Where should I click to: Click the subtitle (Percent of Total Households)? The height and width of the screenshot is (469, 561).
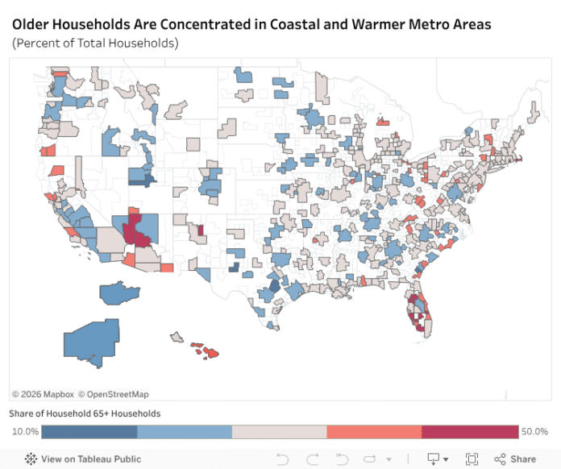pyautogui.click(x=95, y=43)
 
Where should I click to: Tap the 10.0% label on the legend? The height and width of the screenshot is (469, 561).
pyautogui.click(x=24, y=432)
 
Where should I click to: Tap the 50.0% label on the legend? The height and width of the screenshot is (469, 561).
pyautogui.click(x=535, y=432)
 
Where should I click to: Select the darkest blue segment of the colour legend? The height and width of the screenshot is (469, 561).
pyautogui.click(x=89, y=432)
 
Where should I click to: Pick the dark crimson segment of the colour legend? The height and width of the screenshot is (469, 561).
pyautogui.click(x=470, y=432)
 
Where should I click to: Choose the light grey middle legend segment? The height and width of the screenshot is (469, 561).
pyautogui.click(x=280, y=432)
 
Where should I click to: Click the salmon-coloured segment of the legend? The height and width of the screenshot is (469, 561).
pyautogui.click(x=374, y=432)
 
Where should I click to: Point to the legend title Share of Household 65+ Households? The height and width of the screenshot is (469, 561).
pyautogui.click(x=85, y=413)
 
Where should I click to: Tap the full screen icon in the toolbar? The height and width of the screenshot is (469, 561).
pyautogui.click(x=472, y=459)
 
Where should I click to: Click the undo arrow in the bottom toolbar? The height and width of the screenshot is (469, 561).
pyautogui.click(x=283, y=459)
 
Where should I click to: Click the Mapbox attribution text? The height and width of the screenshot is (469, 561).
pyautogui.click(x=42, y=394)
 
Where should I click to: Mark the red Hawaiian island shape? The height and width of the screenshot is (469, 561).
pyautogui.click(x=210, y=353)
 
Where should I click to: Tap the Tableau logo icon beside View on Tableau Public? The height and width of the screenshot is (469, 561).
pyautogui.click(x=31, y=459)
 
